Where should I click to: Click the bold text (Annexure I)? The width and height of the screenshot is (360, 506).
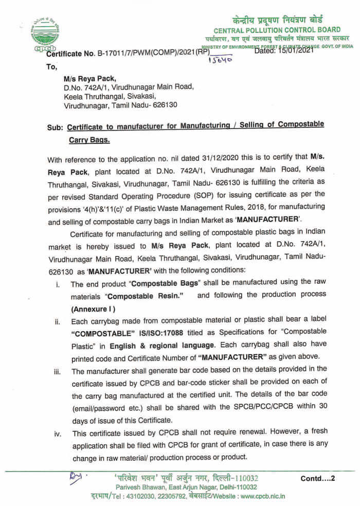pos(93,309)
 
